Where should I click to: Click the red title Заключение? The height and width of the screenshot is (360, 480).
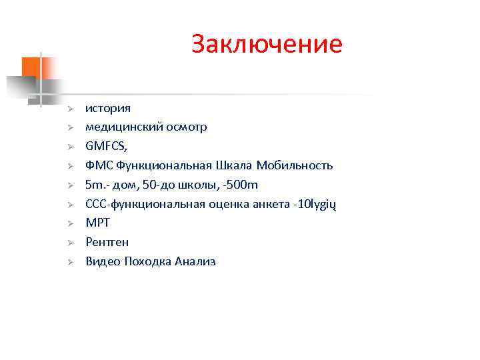[266, 44]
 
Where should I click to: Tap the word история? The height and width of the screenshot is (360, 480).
[108, 107]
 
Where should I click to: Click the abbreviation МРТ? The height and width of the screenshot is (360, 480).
[97, 223]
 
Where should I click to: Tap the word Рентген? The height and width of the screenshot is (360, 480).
[107, 243]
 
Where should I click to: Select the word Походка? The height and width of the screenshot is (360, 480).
[148, 262]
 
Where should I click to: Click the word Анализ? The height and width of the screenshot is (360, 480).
[195, 262]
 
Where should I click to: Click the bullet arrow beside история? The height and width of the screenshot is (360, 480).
[69, 108]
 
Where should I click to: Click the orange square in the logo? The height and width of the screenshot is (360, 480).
[31, 67]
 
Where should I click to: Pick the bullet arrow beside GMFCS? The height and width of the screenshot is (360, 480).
[69, 147]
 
